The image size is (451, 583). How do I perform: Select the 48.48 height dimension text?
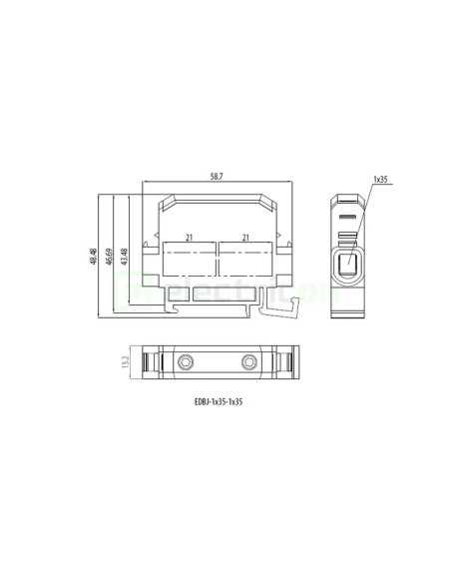pos(94,257)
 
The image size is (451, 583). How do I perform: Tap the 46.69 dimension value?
pos(109,257)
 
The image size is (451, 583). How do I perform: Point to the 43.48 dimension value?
pos(124,257)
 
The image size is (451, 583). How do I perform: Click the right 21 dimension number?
pos(244,237)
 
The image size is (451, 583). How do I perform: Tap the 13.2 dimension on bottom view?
pos(126,361)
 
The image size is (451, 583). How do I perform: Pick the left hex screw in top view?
pos(187,361)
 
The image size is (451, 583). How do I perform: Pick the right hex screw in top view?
pos(247,361)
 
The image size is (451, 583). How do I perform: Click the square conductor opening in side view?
pos(349,266)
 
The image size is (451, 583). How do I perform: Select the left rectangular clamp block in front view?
pos(188,264)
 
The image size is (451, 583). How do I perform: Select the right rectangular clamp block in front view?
pos(244,264)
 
